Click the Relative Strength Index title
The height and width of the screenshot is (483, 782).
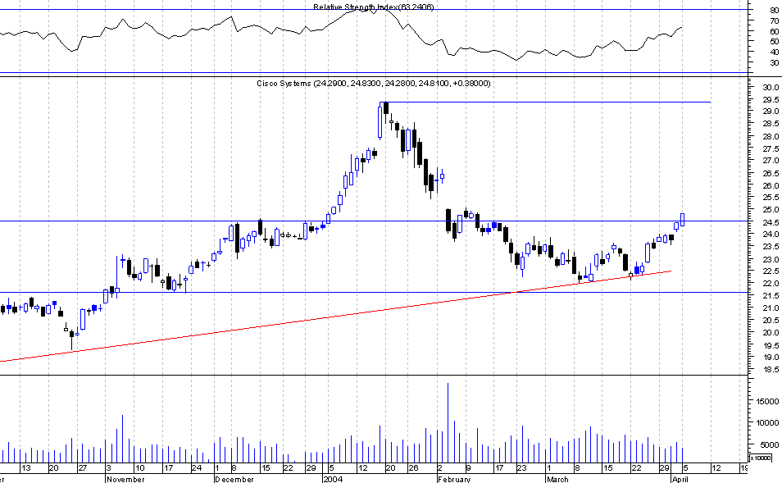pos(373,7)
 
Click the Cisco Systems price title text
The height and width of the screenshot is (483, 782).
pos(374,84)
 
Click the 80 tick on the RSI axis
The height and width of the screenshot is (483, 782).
pos(774,11)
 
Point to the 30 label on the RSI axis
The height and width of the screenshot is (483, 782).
pos(774,62)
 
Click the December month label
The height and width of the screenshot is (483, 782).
pos(234,478)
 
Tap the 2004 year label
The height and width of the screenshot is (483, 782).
pos(332,478)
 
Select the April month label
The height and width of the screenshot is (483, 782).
pos(680,478)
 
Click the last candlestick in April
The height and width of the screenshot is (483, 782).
pos(682,219)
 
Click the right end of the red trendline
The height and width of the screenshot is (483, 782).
pos(671,271)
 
